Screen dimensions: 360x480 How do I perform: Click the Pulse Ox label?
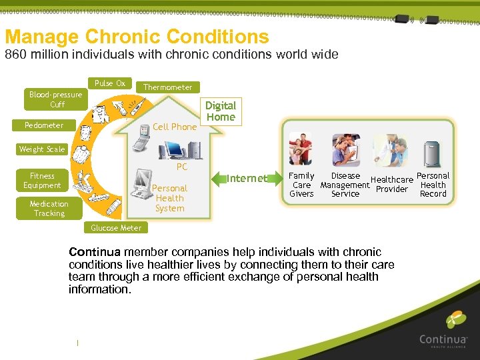[109, 83]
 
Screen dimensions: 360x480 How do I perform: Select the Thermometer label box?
[167, 87]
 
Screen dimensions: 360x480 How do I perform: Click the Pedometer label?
[44, 125]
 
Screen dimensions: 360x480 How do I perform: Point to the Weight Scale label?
[41, 149]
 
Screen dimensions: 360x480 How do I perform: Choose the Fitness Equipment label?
[42, 181]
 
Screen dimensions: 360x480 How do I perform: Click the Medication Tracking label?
[49, 209]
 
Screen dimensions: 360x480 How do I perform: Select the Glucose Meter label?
[116, 228]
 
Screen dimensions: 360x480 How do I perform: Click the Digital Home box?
[221, 111]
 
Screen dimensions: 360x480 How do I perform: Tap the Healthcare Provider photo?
[390, 151]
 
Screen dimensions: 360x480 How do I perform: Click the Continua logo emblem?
[456, 320]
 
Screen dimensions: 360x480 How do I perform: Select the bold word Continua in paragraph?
[95, 252]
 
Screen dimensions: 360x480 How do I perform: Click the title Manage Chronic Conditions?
[137, 36]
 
